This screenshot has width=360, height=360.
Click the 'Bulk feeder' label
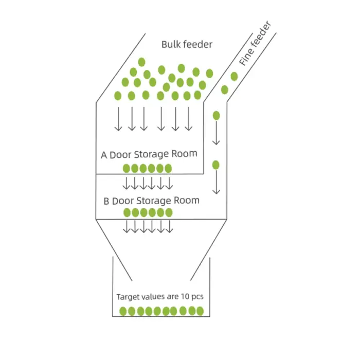coord(187,44)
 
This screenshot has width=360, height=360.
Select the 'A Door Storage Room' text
coord(149,154)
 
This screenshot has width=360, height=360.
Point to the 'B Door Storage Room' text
coord(151,201)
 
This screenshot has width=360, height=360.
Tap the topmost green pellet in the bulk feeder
coord(141,62)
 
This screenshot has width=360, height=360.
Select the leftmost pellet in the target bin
coord(123,311)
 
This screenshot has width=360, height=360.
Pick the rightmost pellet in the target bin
coord(200,311)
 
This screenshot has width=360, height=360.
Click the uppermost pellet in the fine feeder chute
coord(234,77)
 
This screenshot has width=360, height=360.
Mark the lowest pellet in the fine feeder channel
coord(216,165)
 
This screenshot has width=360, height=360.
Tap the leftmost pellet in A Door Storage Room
coord(127,168)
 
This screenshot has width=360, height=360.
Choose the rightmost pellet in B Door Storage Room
coord(169,212)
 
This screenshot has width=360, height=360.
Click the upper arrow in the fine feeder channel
coord(216,133)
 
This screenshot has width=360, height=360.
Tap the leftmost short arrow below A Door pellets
coord(126,183)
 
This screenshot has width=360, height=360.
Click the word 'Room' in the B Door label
coord(186,200)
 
